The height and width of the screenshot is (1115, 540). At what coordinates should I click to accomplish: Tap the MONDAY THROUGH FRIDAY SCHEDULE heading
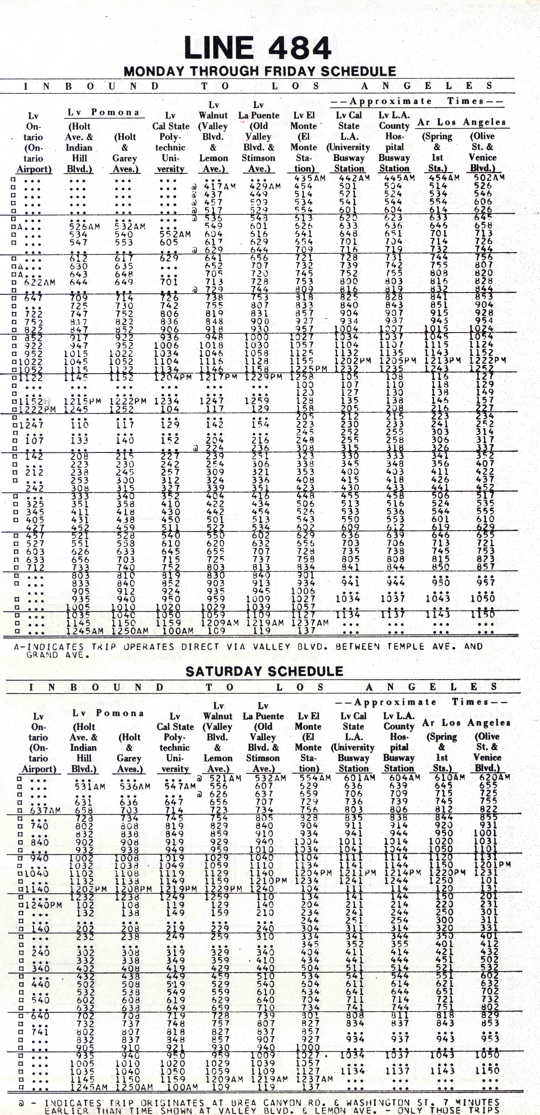(x=260, y=71)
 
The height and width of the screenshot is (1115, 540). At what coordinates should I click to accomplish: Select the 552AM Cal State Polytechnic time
(x=172, y=234)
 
